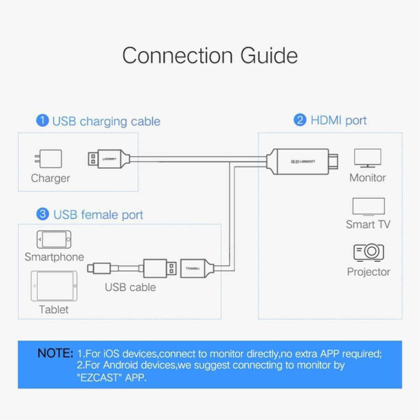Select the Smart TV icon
pyautogui.click(x=367, y=206)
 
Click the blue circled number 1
pyautogui.click(x=43, y=121)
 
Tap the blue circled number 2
pyautogui.click(x=300, y=120)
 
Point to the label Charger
pyautogui.click(x=50, y=178)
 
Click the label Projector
pyautogui.click(x=368, y=272)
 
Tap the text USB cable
pyautogui.click(x=130, y=287)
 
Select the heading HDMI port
pyautogui.click(x=339, y=120)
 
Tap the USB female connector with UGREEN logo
pyautogui.click(x=197, y=268)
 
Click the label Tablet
pyautogui.click(x=54, y=309)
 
